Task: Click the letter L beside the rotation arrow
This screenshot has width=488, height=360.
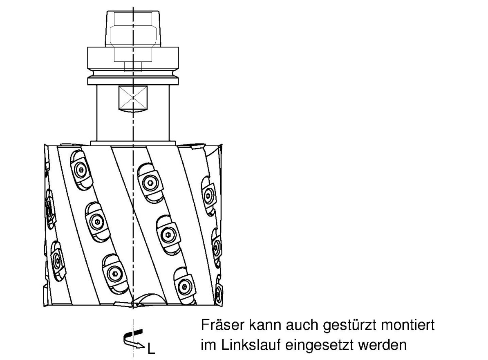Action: [151, 349]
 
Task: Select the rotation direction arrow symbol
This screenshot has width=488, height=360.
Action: [134, 339]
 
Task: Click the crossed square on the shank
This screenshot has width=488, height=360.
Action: [133, 97]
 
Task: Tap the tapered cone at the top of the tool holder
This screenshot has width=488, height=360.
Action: [133, 29]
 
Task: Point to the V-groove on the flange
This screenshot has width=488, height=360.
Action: [133, 75]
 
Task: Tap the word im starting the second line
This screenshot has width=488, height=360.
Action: [208, 345]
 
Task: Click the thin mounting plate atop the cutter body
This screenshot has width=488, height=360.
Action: [133, 143]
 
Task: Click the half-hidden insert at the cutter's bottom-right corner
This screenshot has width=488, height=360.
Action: [219, 291]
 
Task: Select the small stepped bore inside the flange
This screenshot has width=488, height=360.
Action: [133, 66]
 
